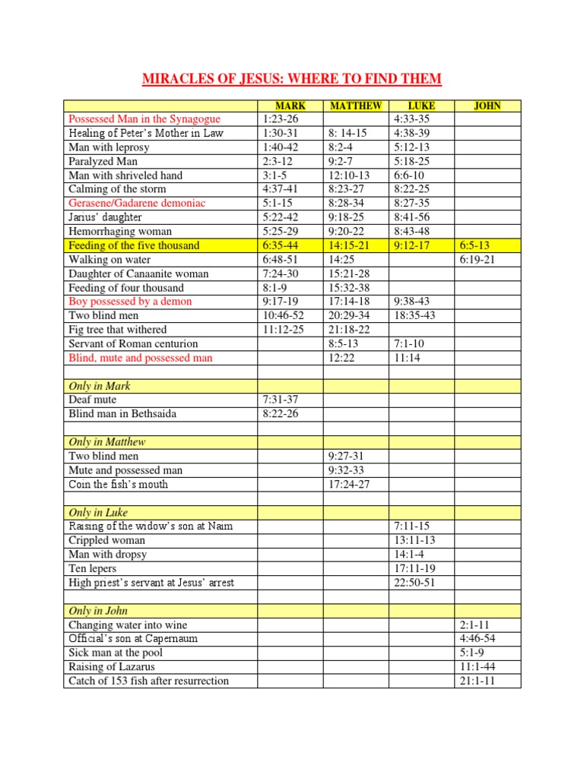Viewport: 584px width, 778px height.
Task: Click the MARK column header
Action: (x=290, y=106)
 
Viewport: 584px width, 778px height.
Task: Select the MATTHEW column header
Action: (x=356, y=106)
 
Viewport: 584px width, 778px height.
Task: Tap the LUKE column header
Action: (x=421, y=106)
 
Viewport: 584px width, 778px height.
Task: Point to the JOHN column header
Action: (x=487, y=106)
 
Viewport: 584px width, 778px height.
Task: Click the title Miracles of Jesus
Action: (x=292, y=79)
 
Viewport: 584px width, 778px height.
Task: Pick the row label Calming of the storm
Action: (x=117, y=189)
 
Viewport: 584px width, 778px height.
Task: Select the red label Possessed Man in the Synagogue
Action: (x=144, y=119)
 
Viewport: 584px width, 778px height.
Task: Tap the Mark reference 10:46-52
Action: (x=283, y=315)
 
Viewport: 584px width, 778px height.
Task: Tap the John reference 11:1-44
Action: (x=478, y=667)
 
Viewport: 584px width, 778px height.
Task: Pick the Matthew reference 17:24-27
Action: (x=351, y=484)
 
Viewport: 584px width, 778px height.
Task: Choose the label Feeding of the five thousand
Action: (x=135, y=245)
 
